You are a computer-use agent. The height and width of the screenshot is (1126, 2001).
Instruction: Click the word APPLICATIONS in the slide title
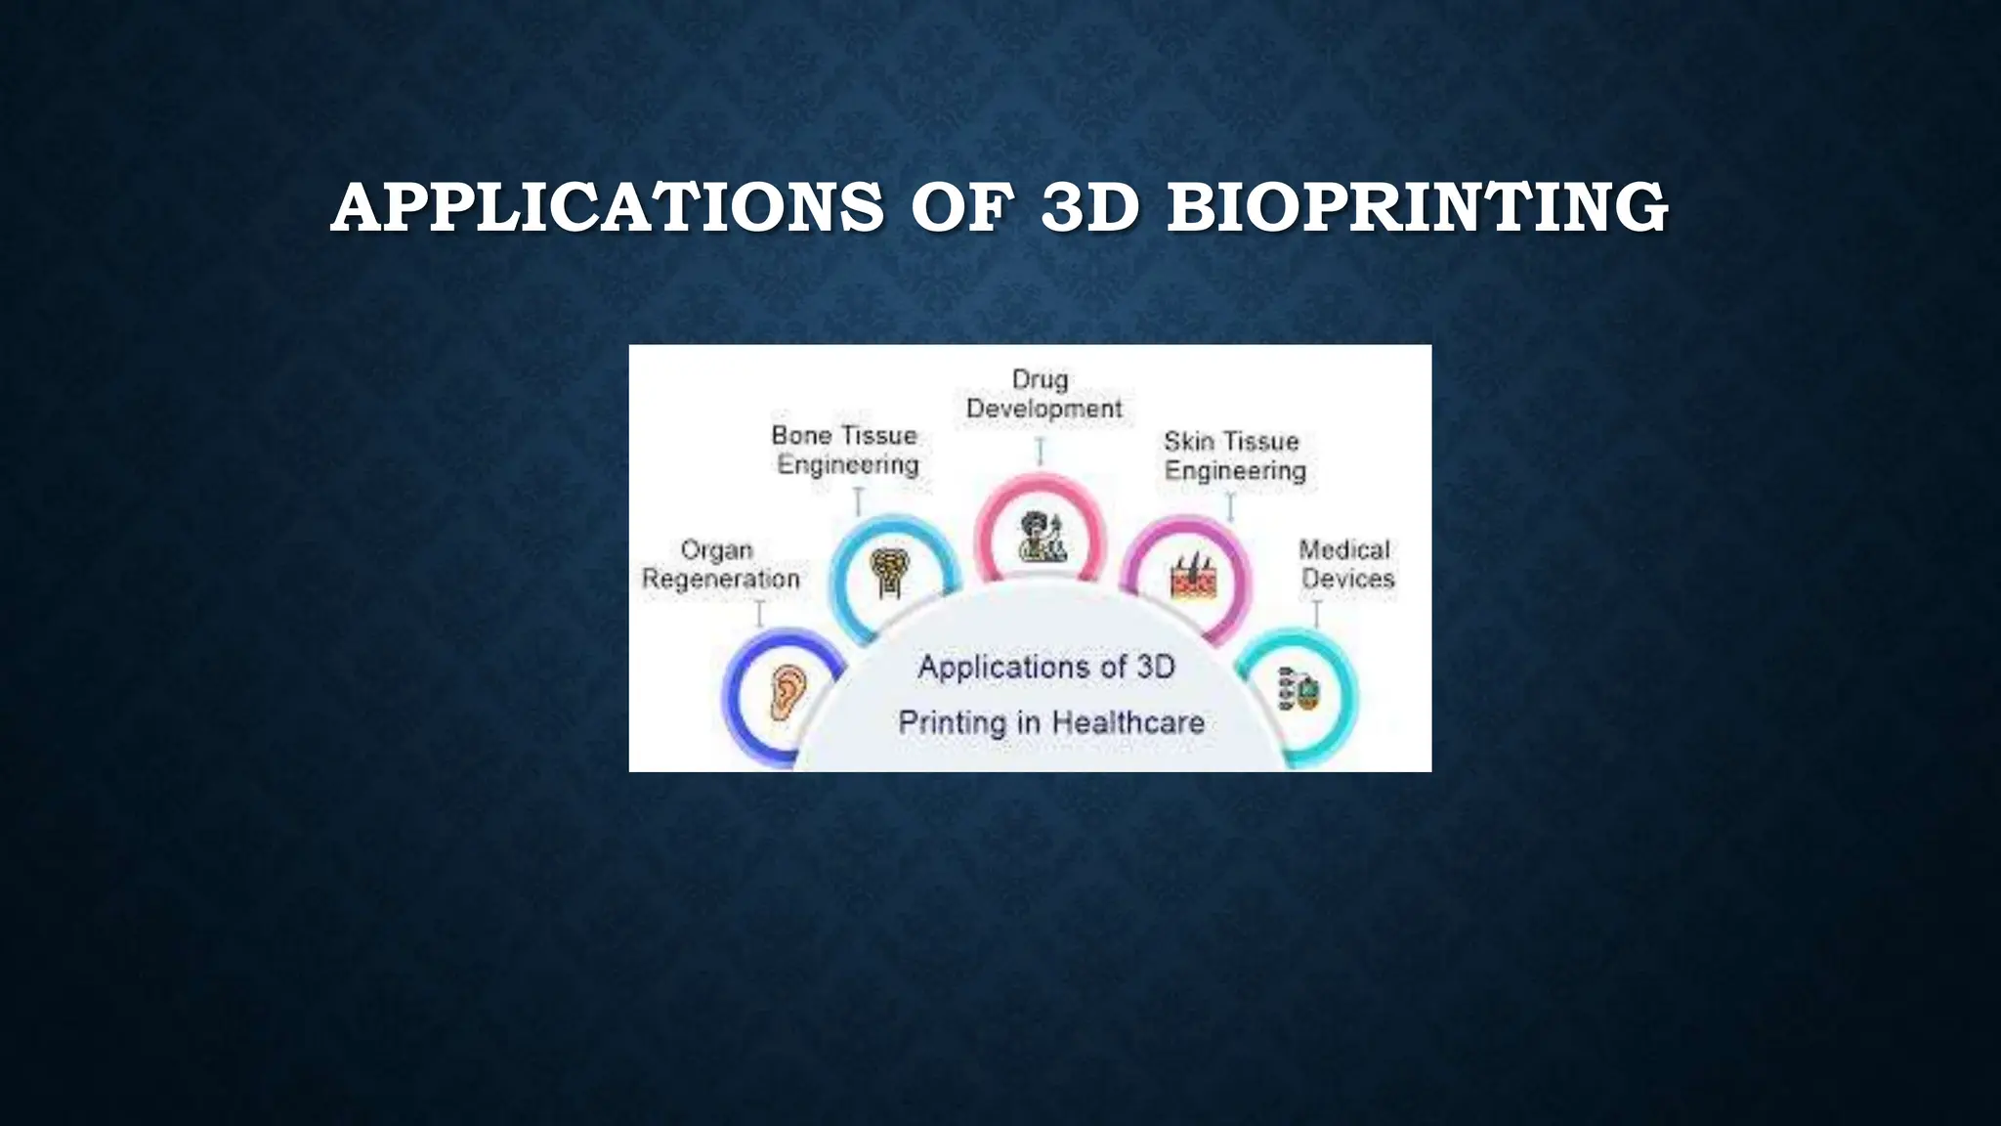pyautogui.click(x=607, y=208)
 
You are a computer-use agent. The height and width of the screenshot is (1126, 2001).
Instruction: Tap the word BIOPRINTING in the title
pyautogui.click(x=1417, y=208)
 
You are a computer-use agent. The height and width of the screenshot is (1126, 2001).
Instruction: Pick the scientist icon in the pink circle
pyautogui.click(x=1042, y=537)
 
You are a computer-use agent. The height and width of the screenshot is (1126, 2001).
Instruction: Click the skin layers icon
pyautogui.click(x=1194, y=577)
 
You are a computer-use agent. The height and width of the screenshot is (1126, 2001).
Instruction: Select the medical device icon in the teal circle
pyautogui.click(x=1299, y=690)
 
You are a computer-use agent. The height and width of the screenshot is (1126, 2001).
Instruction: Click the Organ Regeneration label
pyautogui.click(x=720, y=565)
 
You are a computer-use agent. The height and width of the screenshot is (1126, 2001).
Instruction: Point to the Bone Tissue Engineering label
pyautogui.click(x=846, y=450)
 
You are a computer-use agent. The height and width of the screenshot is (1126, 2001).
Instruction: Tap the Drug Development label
pyautogui.click(x=1043, y=394)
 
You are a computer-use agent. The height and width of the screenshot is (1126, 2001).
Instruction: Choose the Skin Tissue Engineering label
pyautogui.click(x=1234, y=456)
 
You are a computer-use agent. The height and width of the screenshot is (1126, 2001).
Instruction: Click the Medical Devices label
pyautogui.click(x=1346, y=565)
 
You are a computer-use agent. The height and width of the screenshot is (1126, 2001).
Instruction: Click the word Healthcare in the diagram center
pyautogui.click(x=1128, y=723)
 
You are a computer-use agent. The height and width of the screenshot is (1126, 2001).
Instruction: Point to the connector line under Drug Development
pyautogui.click(x=1041, y=451)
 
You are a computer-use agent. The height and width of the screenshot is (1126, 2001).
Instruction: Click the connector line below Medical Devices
pyautogui.click(x=1316, y=614)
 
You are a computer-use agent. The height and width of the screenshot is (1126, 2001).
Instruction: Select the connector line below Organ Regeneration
pyautogui.click(x=759, y=613)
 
